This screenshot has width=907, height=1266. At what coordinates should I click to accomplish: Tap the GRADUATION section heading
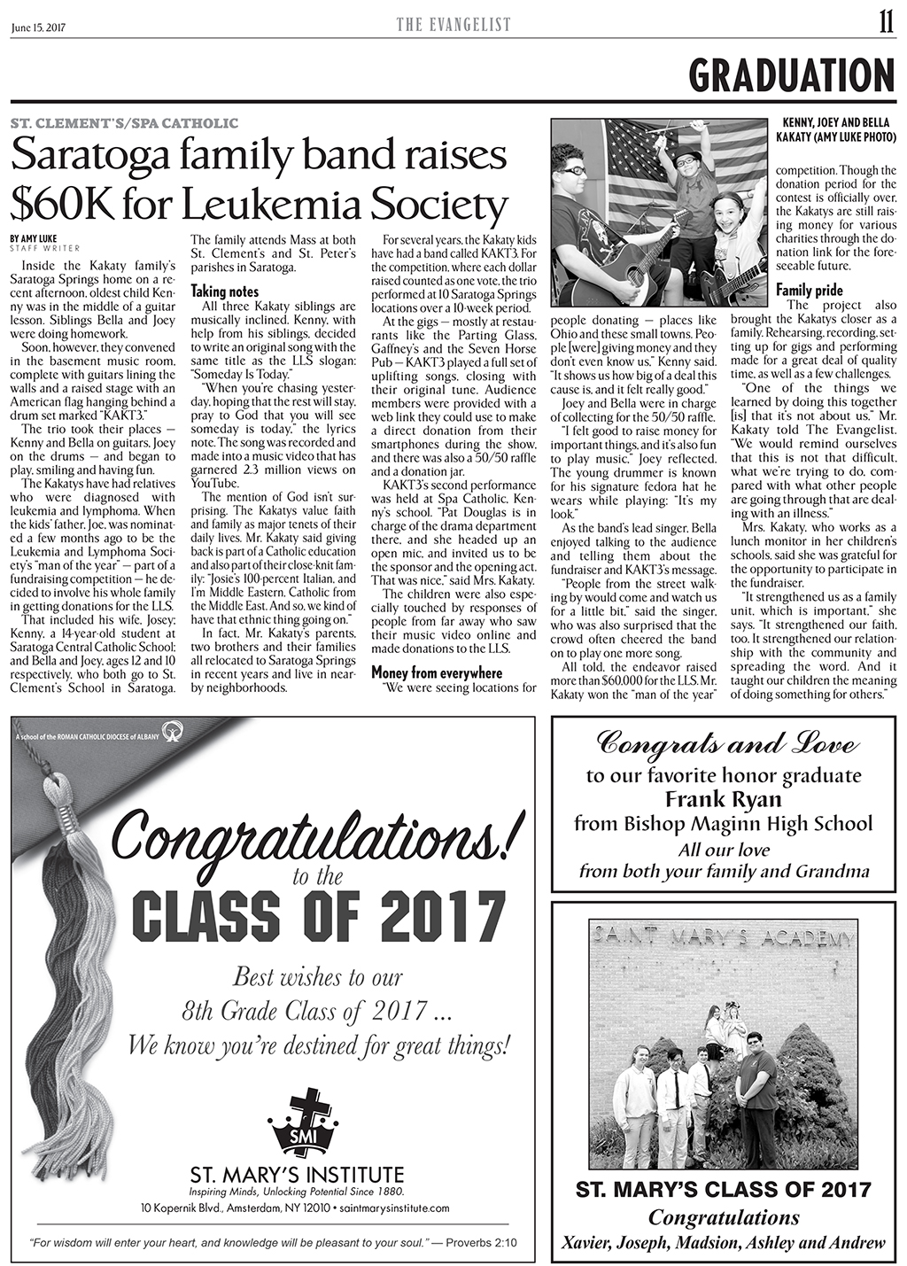[x=792, y=74]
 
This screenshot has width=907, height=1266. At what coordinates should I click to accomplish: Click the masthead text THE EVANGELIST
[x=453, y=26]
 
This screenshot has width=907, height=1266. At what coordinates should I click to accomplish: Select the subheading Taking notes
[x=225, y=291]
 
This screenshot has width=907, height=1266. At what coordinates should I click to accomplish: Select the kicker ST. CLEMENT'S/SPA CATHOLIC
[x=124, y=122]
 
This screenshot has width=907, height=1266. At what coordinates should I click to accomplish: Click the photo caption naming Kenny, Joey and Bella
[x=838, y=129]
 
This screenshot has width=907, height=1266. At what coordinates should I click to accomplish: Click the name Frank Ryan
[x=724, y=800]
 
